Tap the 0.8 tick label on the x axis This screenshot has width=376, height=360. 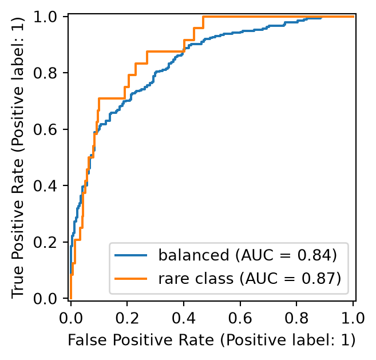point(296,319)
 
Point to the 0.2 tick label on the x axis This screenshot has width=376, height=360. point(127,319)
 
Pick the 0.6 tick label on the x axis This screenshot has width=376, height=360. point(240,319)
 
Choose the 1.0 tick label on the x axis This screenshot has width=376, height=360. point(353,319)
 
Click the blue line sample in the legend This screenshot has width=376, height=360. point(130,255)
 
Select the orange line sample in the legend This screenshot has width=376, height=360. point(130,279)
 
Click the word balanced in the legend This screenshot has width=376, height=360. point(194,255)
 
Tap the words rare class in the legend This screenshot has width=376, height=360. point(196,279)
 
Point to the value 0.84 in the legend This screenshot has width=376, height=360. point(314,255)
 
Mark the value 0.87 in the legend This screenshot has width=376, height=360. point(318,279)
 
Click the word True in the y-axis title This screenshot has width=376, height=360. point(18,281)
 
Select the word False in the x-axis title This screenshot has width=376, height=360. point(87,340)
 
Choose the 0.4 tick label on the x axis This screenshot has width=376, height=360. point(184,319)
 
